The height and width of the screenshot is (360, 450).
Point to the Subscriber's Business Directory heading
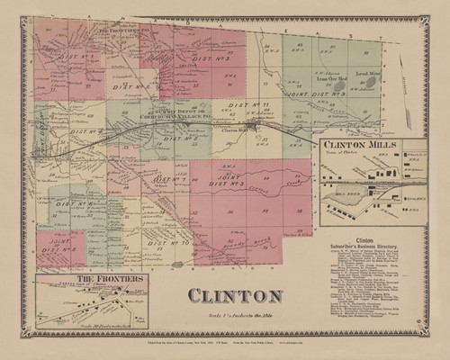pos(364,248)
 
